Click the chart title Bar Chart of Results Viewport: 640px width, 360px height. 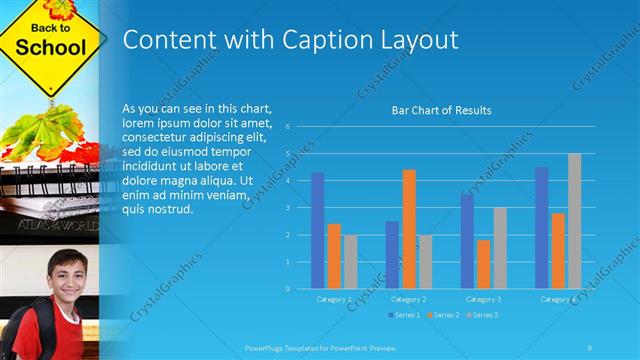pos(441,110)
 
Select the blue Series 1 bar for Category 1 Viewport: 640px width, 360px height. pos(317,230)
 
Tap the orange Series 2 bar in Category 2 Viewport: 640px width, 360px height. pos(409,229)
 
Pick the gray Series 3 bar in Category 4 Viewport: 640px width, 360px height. pos(574,221)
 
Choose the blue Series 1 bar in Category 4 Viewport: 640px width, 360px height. pos(541,228)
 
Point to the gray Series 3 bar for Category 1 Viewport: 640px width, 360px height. pos(350,262)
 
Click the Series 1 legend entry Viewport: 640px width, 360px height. pos(403,315)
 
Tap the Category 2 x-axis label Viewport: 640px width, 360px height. pos(408,299)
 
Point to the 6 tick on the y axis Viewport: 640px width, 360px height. pos(287,127)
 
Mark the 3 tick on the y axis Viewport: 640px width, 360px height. pos(287,208)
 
